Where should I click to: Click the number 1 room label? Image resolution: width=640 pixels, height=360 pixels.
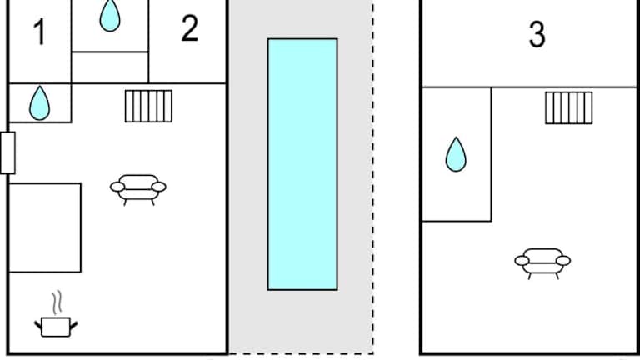(39, 33)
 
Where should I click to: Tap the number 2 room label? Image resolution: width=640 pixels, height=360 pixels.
(190, 29)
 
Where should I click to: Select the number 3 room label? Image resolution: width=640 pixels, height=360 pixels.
(537, 34)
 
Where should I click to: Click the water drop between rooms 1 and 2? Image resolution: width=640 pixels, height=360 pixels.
(110, 16)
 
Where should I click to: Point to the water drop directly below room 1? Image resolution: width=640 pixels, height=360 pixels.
(39, 102)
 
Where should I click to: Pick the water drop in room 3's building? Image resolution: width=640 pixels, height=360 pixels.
(455, 154)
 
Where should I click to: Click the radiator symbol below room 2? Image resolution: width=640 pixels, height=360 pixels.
(148, 106)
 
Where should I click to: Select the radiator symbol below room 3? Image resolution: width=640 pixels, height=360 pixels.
(568, 107)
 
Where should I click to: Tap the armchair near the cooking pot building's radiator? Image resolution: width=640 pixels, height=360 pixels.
(138, 188)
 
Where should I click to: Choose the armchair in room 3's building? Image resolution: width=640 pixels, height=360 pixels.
(542, 262)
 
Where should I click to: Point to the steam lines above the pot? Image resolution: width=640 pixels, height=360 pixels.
(57, 301)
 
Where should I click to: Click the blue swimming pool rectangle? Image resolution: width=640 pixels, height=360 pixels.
(302, 163)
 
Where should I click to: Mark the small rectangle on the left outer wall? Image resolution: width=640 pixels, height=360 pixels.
(7, 152)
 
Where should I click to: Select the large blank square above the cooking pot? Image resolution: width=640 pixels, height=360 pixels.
(45, 227)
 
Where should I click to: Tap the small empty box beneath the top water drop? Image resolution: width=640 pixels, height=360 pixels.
(110, 67)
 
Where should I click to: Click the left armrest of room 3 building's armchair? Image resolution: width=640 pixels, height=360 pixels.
(521, 261)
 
